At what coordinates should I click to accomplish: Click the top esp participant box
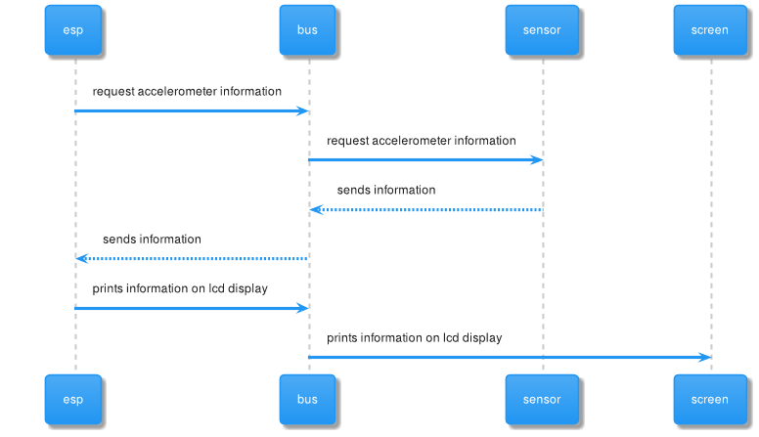pyautogui.click(x=73, y=29)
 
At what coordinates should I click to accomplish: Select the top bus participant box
pyautogui.click(x=307, y=29)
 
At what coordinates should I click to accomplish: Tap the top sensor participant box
pyautogui.click(x=542, y=29)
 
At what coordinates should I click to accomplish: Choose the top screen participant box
pyautogui.click(x=710, y=29)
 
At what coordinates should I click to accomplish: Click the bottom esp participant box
pyautogui.click(x=73, y=399)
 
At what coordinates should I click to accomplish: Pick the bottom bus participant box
pyautogui.click(x=307, y=399)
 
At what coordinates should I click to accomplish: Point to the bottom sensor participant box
pyautogui.click(x=542, y=399)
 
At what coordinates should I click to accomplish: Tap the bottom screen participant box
pyautogui.click(x=710, y=399)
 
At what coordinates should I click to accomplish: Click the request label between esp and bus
pyautogui.click(x=187, y=92)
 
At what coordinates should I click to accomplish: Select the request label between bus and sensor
pyautogui.click(x=421, y=141)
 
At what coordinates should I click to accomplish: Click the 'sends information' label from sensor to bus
pyautogui.click(x=386, y=190)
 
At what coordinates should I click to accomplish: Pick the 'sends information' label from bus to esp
pyautogui.click(x=152, y=239)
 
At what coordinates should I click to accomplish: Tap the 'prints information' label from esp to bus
pyautogui.click(x=180, y=288)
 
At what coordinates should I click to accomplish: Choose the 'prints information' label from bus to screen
pyautogui.click(x=415, y=338)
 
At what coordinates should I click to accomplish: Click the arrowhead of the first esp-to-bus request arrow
pyautogui.click(x=302, y=111)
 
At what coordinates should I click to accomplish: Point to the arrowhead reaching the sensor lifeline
pyautogui.click(x=537, y=160)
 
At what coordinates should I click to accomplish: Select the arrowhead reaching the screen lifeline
pyautogui.click(x=704, y=358)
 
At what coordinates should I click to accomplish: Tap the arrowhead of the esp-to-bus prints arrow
pyautogui.click(x=302, y=308)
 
